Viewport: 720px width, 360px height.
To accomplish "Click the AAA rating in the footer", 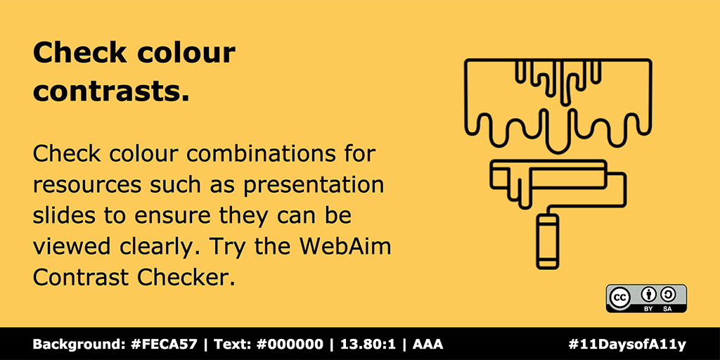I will (427, 345).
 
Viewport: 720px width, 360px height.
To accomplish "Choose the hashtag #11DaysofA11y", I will (626, 345).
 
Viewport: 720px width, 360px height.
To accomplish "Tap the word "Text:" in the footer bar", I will (231, 345).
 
